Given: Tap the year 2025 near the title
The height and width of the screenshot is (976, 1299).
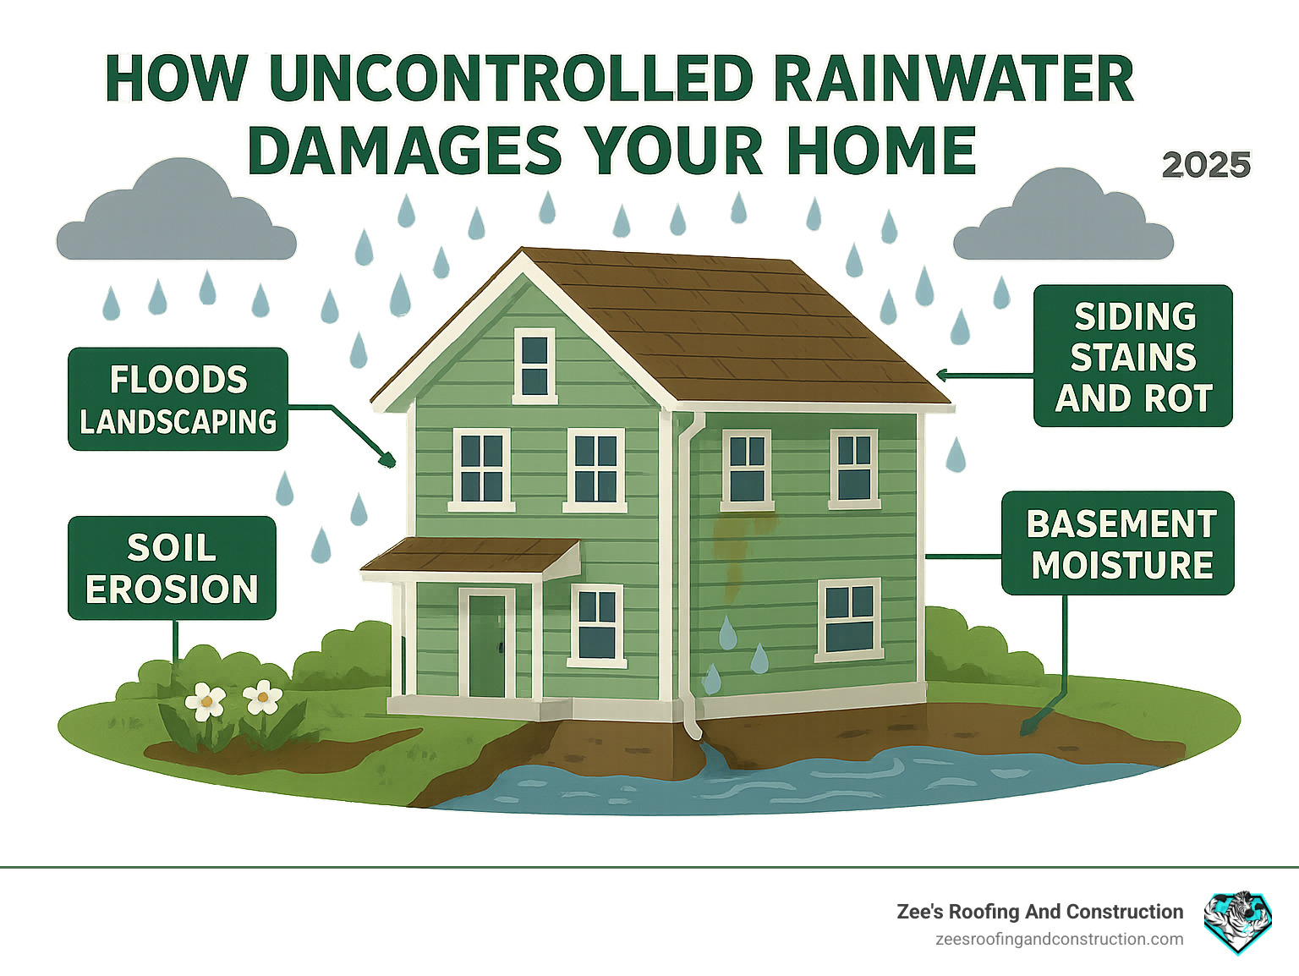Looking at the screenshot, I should coord(1206,165).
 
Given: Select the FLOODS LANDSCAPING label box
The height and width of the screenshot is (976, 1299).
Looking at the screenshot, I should coord(178,399).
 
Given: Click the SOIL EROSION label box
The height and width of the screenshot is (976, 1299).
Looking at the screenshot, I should coord(172,568).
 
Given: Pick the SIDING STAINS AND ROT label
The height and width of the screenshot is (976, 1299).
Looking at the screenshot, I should coord(1133,356).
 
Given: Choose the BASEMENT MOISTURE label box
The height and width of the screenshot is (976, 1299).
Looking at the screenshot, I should coord(1118,544).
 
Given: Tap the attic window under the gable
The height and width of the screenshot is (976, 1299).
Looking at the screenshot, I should coord(534,365).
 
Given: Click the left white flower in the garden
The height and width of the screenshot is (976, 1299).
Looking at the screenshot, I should coord(206,701).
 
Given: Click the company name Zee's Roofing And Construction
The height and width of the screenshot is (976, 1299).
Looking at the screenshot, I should coord(1039,912).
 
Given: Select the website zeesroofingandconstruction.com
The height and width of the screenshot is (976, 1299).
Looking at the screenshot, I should coord(1059,940).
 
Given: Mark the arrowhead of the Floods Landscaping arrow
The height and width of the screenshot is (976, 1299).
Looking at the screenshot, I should coord(388,460).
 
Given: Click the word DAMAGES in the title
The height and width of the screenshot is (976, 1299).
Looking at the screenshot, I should coord(404,151).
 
